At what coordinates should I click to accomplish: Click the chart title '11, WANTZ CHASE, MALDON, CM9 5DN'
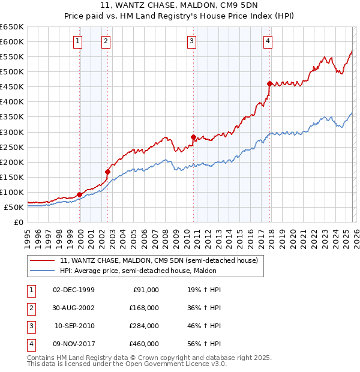pyautogui.click(x=180, y=6)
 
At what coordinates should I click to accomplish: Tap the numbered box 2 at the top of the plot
pyautogui.click(x=106, y=41)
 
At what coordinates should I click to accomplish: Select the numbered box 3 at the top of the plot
pyautogui.click(x=191, y=41)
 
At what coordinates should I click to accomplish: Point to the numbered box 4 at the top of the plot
pyautogui.click(x=268, y=41)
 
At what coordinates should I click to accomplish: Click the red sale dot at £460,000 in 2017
pyautogui.click(x=270, y=83)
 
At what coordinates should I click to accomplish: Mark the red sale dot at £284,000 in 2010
pyautogui.click(x=193, y=137)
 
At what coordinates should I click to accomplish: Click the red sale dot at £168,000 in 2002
pyautogui.click(x=108, y=172)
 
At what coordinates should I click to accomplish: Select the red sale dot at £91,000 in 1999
pyautogui.click(x=79, y=194)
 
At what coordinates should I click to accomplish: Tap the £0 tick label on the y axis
pyautogui.click(x=17, y=222)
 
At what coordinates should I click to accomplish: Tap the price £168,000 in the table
pyautogui.click(x=144, y=308)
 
